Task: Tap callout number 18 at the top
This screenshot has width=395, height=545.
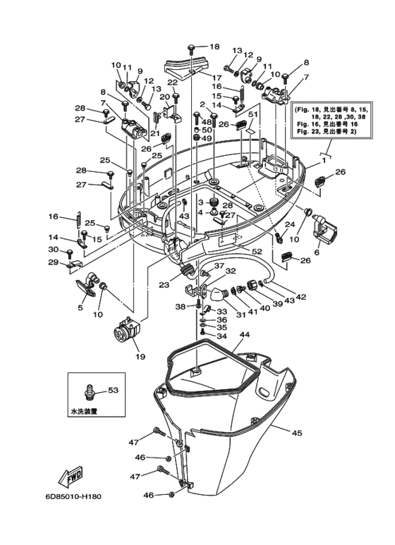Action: tap(214, 47)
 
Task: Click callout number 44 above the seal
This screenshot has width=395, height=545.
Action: tap(245, 334)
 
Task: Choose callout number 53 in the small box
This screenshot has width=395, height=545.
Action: tap(113, 390)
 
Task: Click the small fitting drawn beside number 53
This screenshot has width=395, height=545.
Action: tap(90, 388)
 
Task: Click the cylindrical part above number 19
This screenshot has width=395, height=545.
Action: tap(128, 329)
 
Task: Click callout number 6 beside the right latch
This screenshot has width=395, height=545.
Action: tap(316, 253)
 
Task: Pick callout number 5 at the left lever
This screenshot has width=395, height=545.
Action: tap(80, 308)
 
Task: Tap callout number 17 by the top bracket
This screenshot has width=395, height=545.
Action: tap(217, 78)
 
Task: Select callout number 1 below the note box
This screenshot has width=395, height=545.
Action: tap(324, 160)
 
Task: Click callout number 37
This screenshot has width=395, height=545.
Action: tap(219, 267)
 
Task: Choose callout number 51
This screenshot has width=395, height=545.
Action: tap(253, 115)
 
